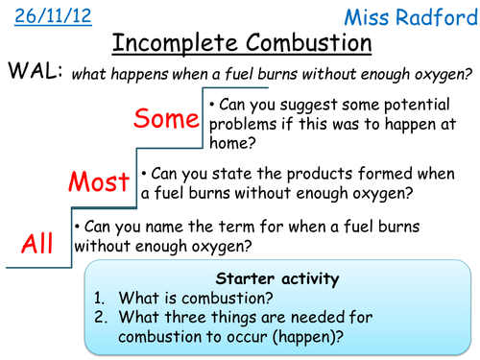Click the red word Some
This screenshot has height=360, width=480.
(x=166, y=119)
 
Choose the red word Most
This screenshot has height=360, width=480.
(x=100, y=181)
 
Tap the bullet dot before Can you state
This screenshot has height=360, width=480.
(x=145, y=174)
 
